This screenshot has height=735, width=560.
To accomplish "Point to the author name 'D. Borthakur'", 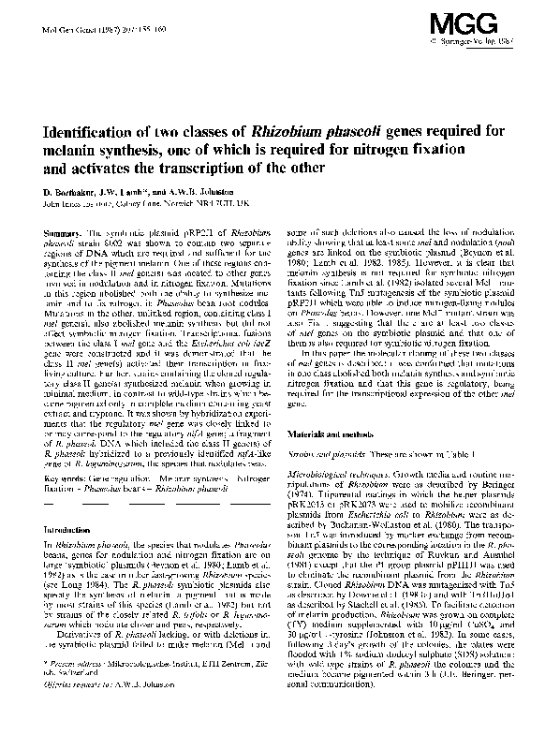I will pos(71,190).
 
